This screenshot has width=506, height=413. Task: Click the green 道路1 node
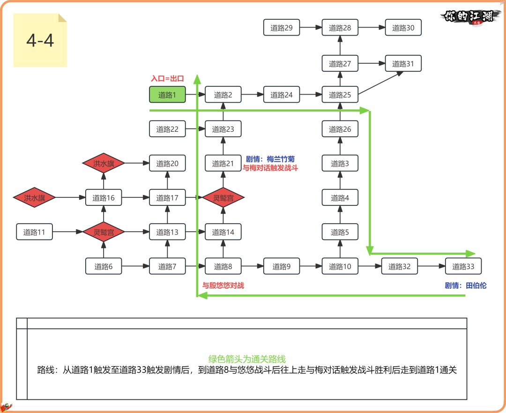pos(167,95)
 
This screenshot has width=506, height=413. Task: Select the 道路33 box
pos(463,267)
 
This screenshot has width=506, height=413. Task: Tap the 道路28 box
pos(340,28)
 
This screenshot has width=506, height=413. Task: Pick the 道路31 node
pos(403,64)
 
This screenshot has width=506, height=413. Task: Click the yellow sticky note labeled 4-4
pos(40,41)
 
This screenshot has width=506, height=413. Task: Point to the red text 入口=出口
pos(167,79)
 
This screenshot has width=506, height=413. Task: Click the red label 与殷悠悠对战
pos(223,285)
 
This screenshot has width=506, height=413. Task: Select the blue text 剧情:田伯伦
pos(466,285)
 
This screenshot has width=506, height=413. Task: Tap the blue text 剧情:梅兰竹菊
pos(270,159)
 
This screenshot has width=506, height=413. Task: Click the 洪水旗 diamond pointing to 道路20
pos(104,163)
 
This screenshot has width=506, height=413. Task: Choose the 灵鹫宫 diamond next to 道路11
pos(104,232)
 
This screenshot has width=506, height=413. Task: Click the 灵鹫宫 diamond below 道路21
pos(223,198)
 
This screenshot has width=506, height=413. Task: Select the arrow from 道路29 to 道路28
pos(311,28)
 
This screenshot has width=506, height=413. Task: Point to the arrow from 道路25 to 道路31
pos(382,83)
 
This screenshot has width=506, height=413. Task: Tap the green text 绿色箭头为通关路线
pos(247,359)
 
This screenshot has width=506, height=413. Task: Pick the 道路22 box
pos(167,129)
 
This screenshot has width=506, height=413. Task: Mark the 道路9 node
pos(281,267)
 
